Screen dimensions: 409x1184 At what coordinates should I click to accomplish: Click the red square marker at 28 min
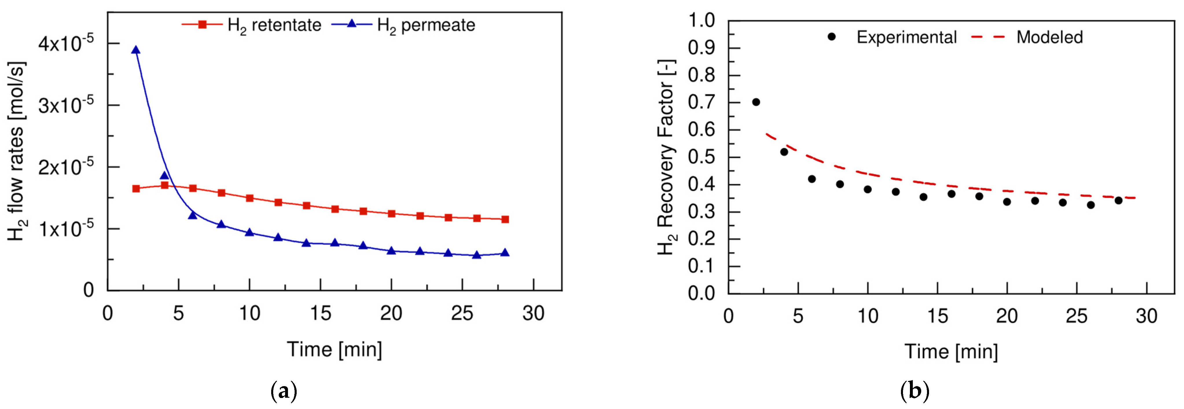pos(505,219)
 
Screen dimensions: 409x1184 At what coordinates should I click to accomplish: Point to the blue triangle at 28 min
pos(505,253)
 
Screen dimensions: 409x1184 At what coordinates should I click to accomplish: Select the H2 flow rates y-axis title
pos(17,152)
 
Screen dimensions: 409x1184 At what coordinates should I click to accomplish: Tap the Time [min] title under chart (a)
pos(334,349)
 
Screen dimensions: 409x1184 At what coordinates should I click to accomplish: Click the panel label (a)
pos(284,392)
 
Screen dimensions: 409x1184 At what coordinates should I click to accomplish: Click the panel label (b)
pos(915,392)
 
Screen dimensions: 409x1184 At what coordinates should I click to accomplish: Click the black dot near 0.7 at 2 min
pos(756,102)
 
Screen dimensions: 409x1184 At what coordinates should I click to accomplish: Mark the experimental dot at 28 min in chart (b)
pos(1118,200)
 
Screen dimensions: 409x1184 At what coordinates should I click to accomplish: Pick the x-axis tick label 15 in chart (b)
pos(937,316)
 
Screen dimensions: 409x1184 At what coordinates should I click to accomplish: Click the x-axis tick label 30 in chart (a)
pos(533,313)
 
